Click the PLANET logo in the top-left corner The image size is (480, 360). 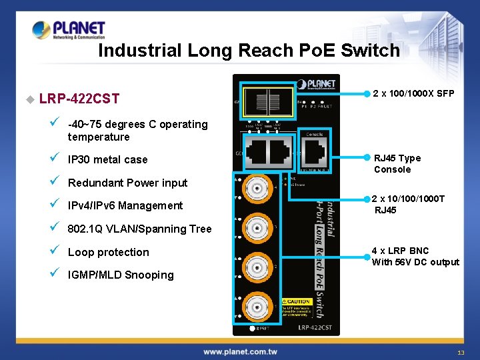tap(69, 30)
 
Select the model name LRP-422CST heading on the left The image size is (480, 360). tap(79, 99)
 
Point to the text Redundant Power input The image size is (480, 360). tap(127, 183)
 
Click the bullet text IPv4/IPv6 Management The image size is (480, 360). tap(125, 205)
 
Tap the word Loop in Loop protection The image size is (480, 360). tap(82, 252)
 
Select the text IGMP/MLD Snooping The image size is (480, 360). tap(121, 275)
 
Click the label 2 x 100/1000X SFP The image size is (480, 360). tap(413, 93)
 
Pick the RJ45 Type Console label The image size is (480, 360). tap(397, 163)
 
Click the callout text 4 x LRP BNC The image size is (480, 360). tap(400, 251)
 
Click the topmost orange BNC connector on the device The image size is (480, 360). tap(256, 189)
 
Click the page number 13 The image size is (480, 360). tap(461, 352)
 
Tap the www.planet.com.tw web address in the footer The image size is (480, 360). tap(240, 351)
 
